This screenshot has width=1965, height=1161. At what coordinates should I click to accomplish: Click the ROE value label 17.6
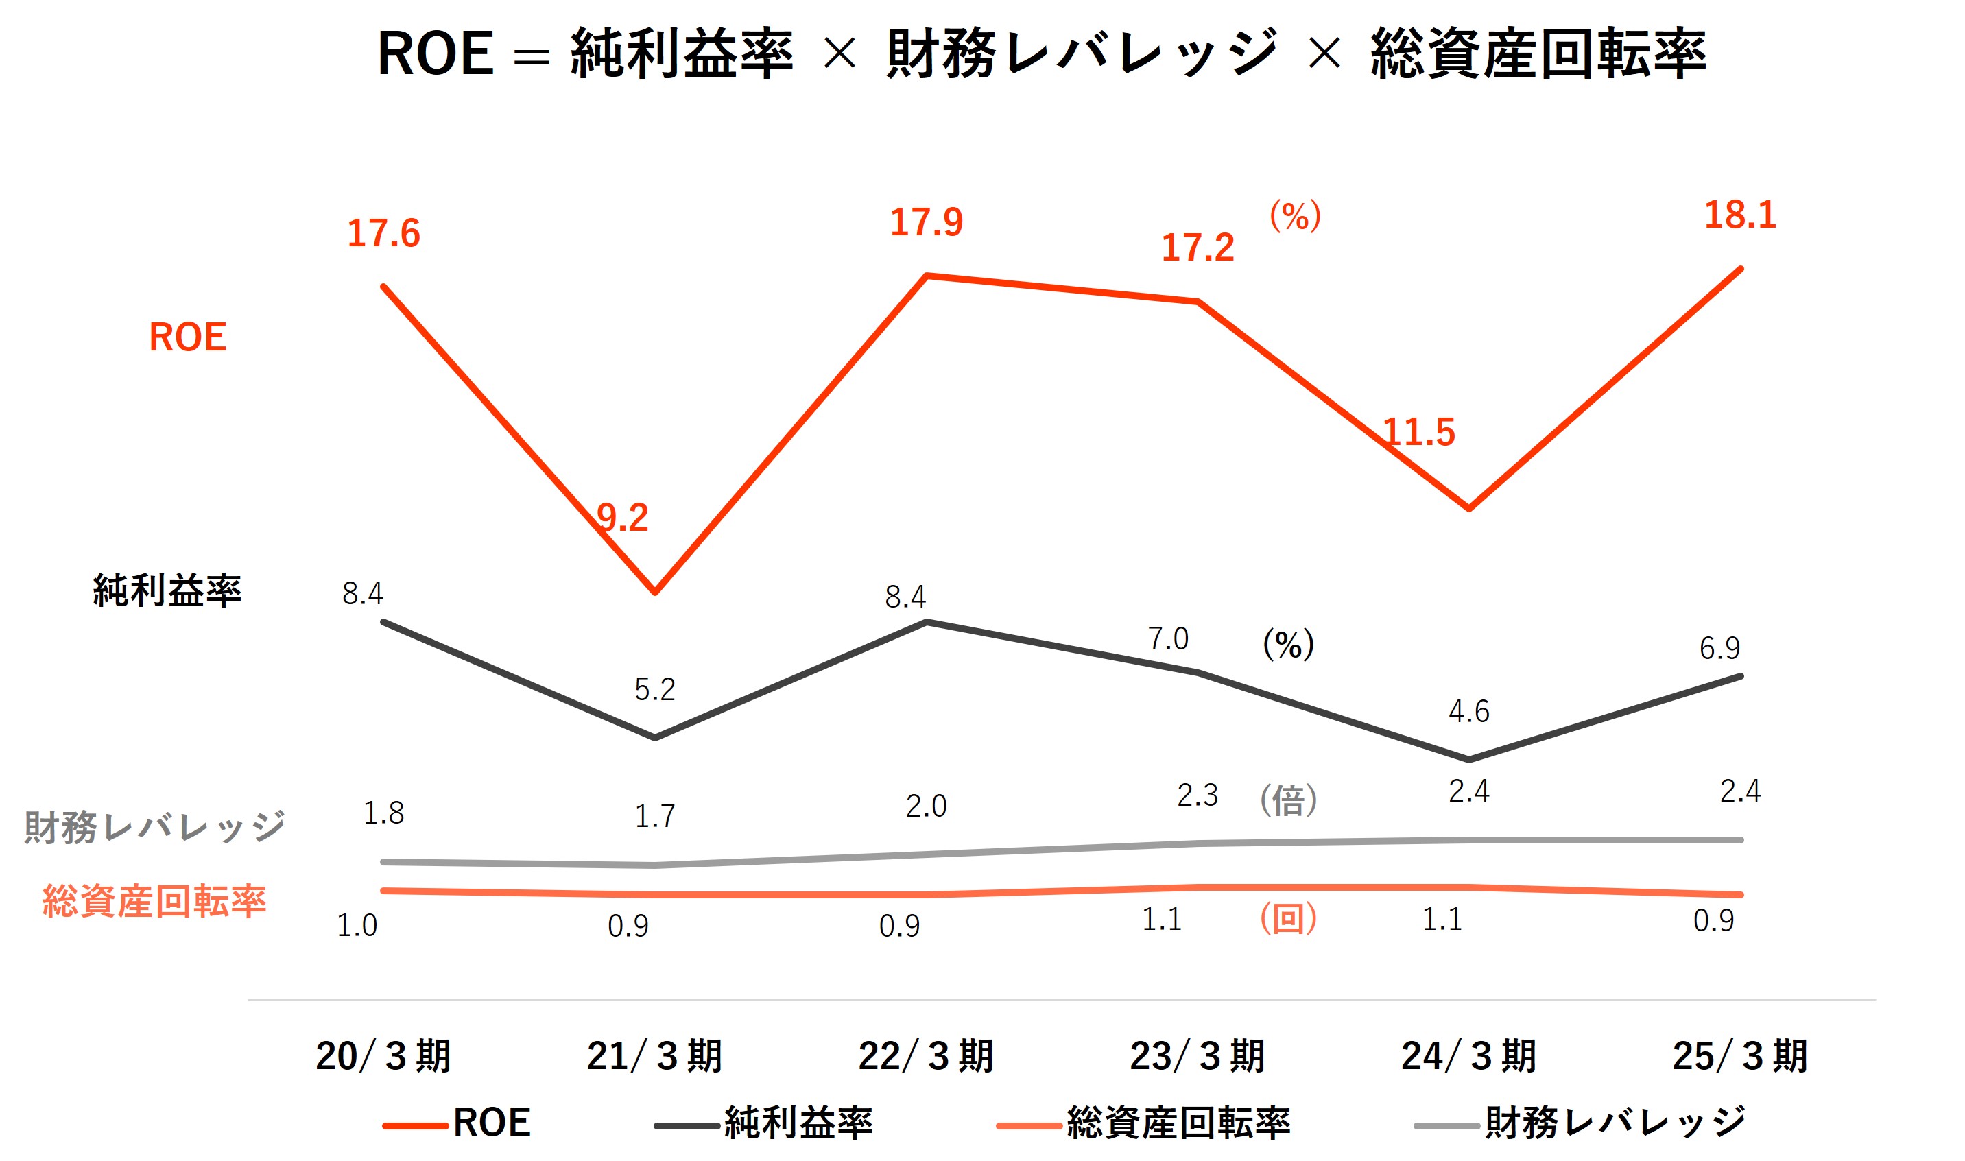383,233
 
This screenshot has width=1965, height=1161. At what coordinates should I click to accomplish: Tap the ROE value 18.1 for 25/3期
1740,215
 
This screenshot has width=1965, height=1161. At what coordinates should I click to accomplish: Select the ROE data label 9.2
623,518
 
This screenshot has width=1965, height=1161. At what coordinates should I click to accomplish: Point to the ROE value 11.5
1419,433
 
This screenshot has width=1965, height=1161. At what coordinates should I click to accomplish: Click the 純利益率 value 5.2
655,689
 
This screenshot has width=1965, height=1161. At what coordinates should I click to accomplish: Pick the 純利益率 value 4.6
1468,711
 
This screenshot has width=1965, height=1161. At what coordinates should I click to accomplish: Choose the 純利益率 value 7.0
1168,639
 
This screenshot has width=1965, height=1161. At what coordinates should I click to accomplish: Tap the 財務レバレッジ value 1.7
655,817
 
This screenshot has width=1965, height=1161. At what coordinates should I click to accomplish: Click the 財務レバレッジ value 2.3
1198,795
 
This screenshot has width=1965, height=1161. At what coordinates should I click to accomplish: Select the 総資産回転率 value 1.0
357,926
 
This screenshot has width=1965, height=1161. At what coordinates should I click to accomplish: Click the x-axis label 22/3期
926,1057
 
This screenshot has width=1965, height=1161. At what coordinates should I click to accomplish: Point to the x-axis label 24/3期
1469,1057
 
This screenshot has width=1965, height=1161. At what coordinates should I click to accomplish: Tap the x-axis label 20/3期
383,1057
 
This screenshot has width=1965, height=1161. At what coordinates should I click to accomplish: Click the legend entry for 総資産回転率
1177,1123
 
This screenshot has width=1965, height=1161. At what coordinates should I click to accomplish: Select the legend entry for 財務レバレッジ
1615,1123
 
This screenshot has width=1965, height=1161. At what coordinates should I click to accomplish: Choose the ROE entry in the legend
491,1123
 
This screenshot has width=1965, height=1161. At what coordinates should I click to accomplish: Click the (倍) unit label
1288,800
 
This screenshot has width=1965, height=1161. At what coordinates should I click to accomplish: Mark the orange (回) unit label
1288,918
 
